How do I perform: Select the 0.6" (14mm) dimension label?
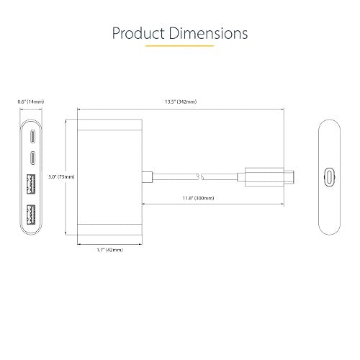click(29, 102)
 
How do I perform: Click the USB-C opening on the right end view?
click(329, 176)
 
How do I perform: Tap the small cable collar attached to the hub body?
click(147, 176)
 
